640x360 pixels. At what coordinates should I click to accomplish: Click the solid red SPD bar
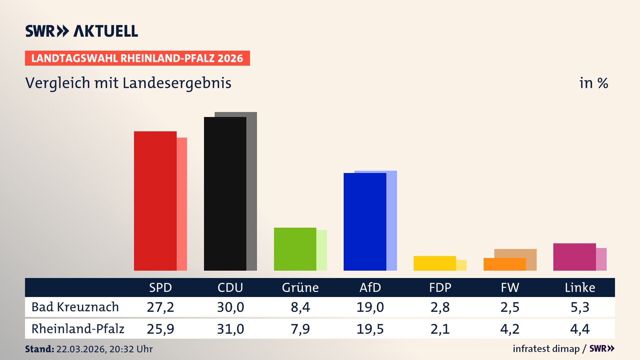(155, 201)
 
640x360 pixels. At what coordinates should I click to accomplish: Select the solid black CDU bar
(225, 194)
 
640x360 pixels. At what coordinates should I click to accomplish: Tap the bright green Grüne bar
(295, 249)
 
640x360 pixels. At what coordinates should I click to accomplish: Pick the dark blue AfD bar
(365, 222)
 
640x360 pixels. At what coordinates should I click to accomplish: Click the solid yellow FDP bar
(434, 263)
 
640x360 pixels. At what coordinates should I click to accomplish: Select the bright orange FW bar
(504, 264)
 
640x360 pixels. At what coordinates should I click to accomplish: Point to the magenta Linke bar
(574, 257)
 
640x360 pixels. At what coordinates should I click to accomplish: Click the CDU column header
(230, 287)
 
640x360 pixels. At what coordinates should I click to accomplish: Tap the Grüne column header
(300, 287)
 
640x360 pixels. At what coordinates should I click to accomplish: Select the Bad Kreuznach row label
(75, 307)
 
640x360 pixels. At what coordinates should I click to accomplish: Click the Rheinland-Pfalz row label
(78, 329)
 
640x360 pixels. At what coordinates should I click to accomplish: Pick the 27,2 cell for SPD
(160, 307)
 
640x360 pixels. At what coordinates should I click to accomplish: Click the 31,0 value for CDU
(230, 329)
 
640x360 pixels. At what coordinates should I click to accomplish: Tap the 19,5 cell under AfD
(370, 329)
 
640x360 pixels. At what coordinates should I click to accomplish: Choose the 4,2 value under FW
(510, 329)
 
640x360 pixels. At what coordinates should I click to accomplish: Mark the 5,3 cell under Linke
(580, 307)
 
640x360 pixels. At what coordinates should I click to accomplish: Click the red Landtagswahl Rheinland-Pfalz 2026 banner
(137, 58)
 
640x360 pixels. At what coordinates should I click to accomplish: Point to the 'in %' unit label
(593, 83)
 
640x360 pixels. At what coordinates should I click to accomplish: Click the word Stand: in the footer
(39, 349)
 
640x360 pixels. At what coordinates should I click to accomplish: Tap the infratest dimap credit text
(546, 349)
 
